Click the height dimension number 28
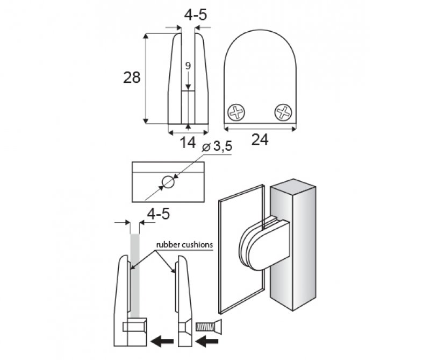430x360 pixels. point(132,77)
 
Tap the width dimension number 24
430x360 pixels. point(260,139)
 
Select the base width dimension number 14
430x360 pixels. point(188,143)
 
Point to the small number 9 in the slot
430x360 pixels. point(188,66)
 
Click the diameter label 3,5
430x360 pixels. point(223,146)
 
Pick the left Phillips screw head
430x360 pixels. point(236,112)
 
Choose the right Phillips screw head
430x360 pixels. point(283,112)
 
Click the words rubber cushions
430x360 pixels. point(184,245)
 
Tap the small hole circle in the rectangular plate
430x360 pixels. point(168,182)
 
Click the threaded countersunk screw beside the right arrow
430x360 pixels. point(209,327)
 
